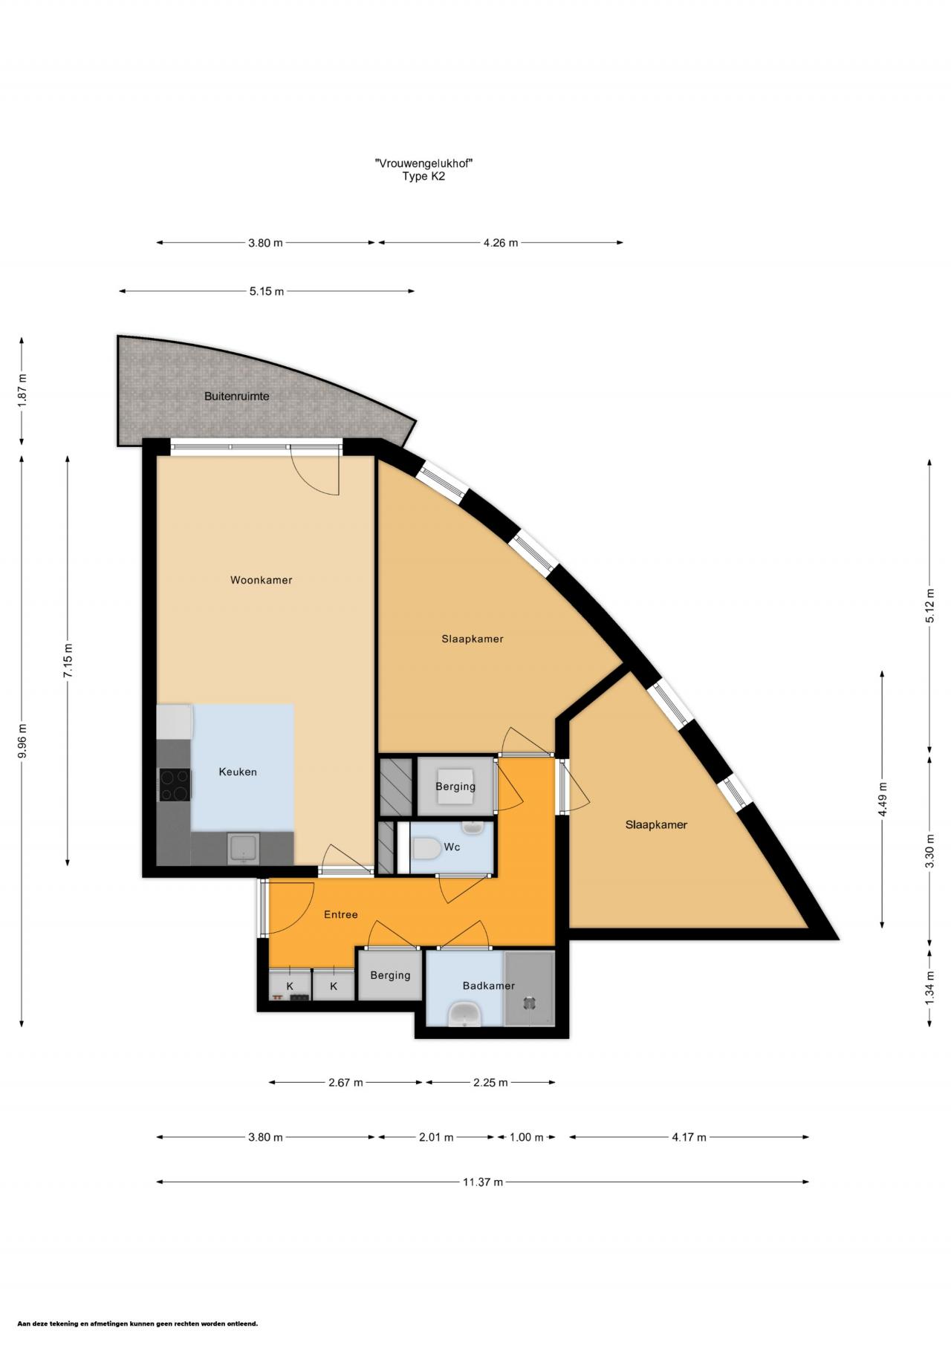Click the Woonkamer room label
(261, 580)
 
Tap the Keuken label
(238, 772)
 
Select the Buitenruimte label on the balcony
(237, 397)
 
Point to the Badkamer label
(489, 986)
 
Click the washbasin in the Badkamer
(465, 1013)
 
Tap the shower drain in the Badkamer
(529, 1003)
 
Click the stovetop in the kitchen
(175, 785)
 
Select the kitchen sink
(242, 849)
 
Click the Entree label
(341, 914)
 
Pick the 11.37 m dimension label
(483, 1182)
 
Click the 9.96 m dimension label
(22, 740)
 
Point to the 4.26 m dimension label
(500, 243)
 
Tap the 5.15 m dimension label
(267, 292)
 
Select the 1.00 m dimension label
(526, 1137)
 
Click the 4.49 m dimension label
(883, 800)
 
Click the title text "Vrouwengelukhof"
(424, 163)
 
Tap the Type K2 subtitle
(423, 177)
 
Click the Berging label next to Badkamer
(390, 975)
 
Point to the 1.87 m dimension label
(22, 388)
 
